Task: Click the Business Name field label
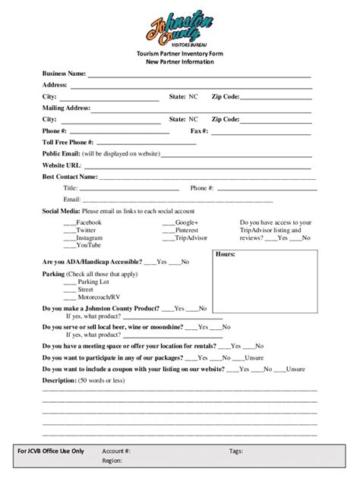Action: [x=65, y=74]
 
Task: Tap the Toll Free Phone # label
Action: [x=68, y=142]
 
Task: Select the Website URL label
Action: [x=62, y=165]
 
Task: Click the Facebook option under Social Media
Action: [x=90, y=222]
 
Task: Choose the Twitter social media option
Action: [x=86, y=229]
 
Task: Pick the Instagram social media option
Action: [x=89, y=237]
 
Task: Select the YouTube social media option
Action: [x=88, y=245]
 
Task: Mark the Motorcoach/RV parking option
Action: [x=98, y=297]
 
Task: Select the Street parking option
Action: [x=85, y=289]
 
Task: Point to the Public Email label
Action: [x=61, y=153]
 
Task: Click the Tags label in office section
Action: [x=236, y=450]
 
